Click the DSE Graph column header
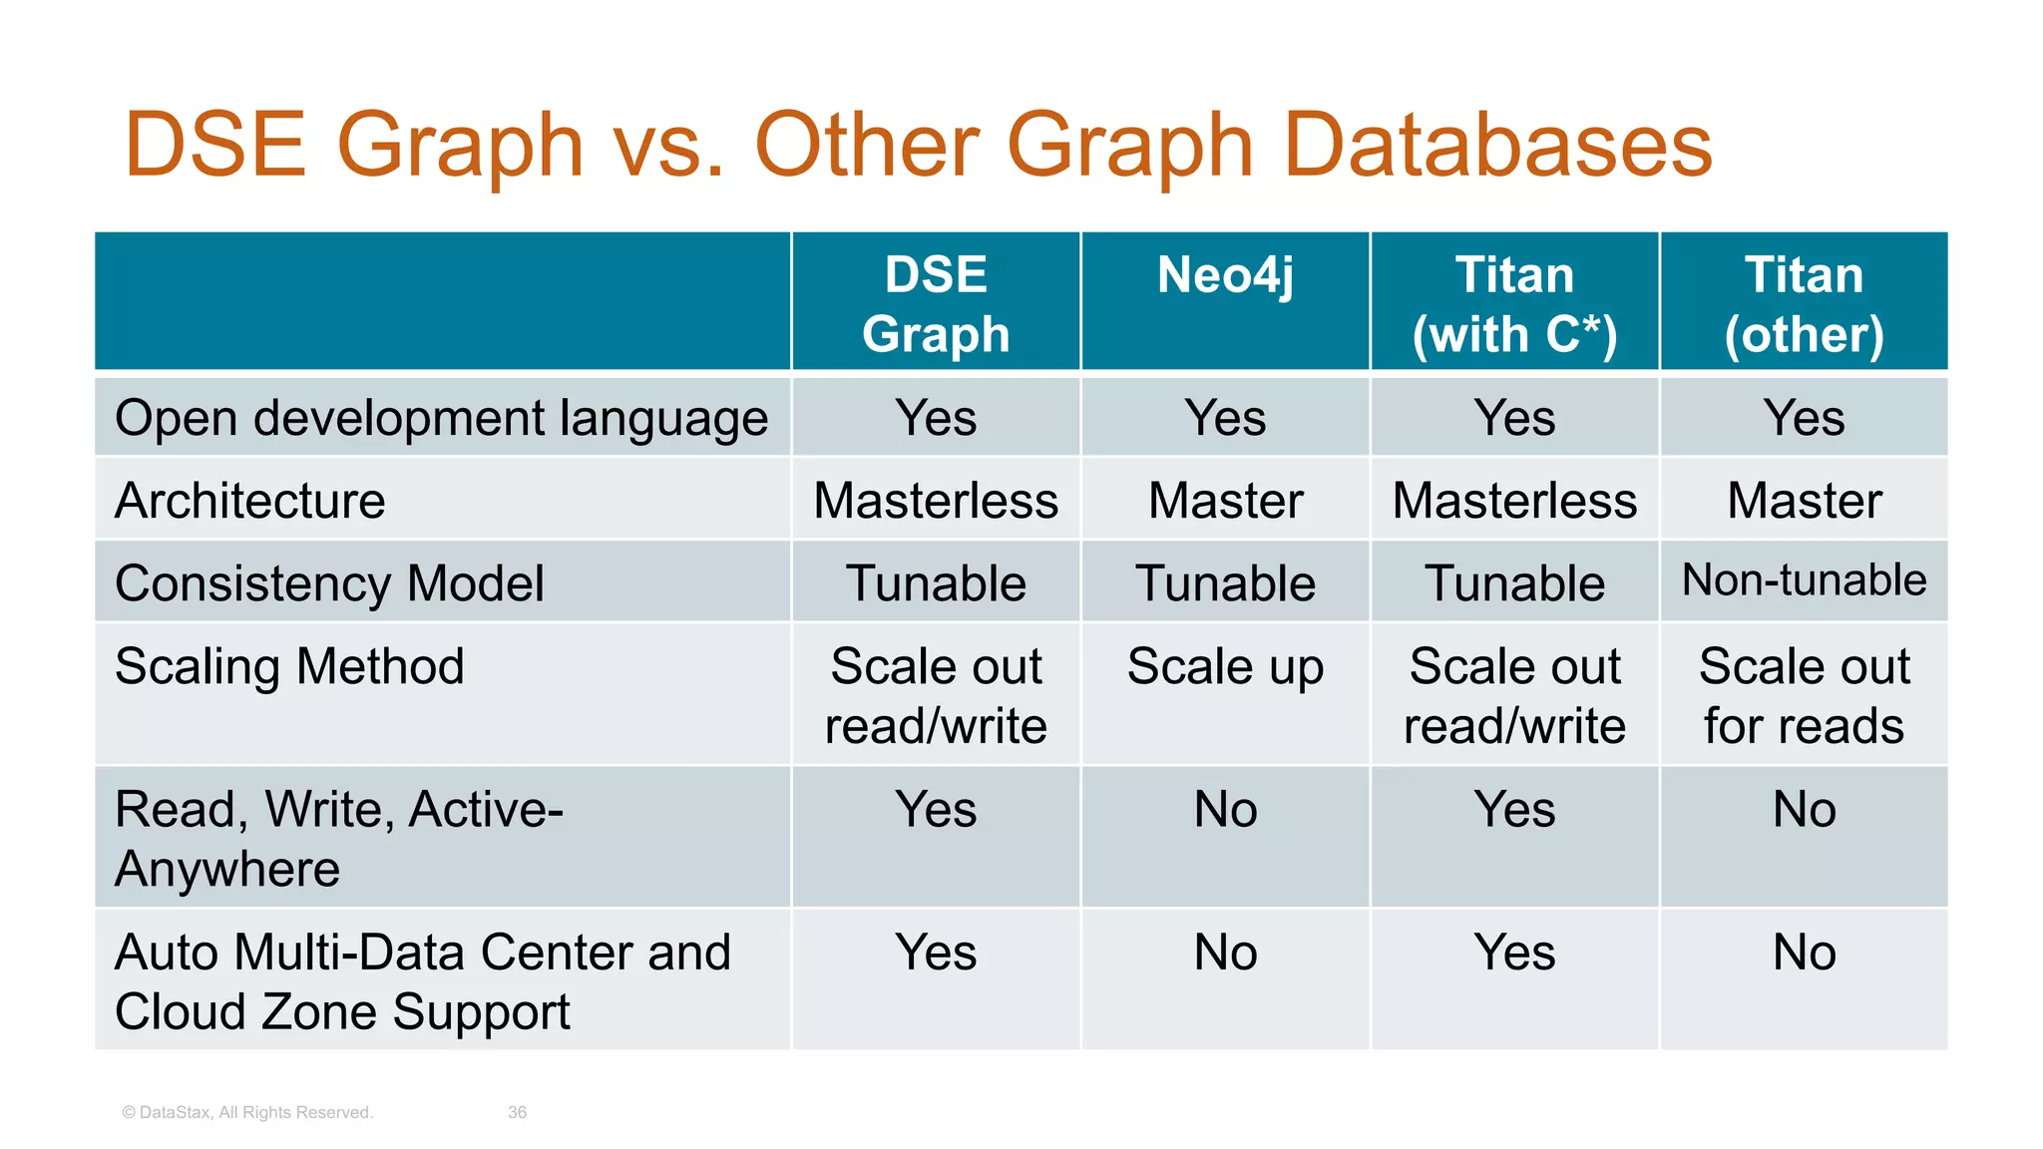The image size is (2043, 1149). click(x=936, y=303)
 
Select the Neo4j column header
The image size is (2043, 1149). click(x=1225, y=275)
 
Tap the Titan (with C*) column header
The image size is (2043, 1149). click(x=1514, y=303)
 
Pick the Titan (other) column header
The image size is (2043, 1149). click(x=1804, y=303)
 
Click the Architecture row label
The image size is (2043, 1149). click(x=250, y=500)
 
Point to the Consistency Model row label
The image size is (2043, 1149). click(x=329, y=582)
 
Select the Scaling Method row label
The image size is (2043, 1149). click(x=289, y=665)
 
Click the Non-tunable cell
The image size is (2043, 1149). click(x=1804, y=580)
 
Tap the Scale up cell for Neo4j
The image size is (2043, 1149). click(x=1225, y=666)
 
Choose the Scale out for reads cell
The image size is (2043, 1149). click(x=1804, y=695)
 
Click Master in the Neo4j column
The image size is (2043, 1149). click(x=1225, y=500)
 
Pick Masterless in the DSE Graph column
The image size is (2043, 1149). click(x=936, y=500)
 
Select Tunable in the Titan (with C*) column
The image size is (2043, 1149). click(x=1514, y=582)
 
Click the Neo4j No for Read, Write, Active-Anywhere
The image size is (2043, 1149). click(x=1225, y=809)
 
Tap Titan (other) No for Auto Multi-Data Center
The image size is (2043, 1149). click(x=1804, y=952)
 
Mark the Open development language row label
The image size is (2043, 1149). click(x=441, y=418)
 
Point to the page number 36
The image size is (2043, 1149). click(x=517, y=1112)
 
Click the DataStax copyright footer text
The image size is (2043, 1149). click(x=247, y=1112)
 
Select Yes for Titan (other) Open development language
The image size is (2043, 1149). click(x=1804, y=418)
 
